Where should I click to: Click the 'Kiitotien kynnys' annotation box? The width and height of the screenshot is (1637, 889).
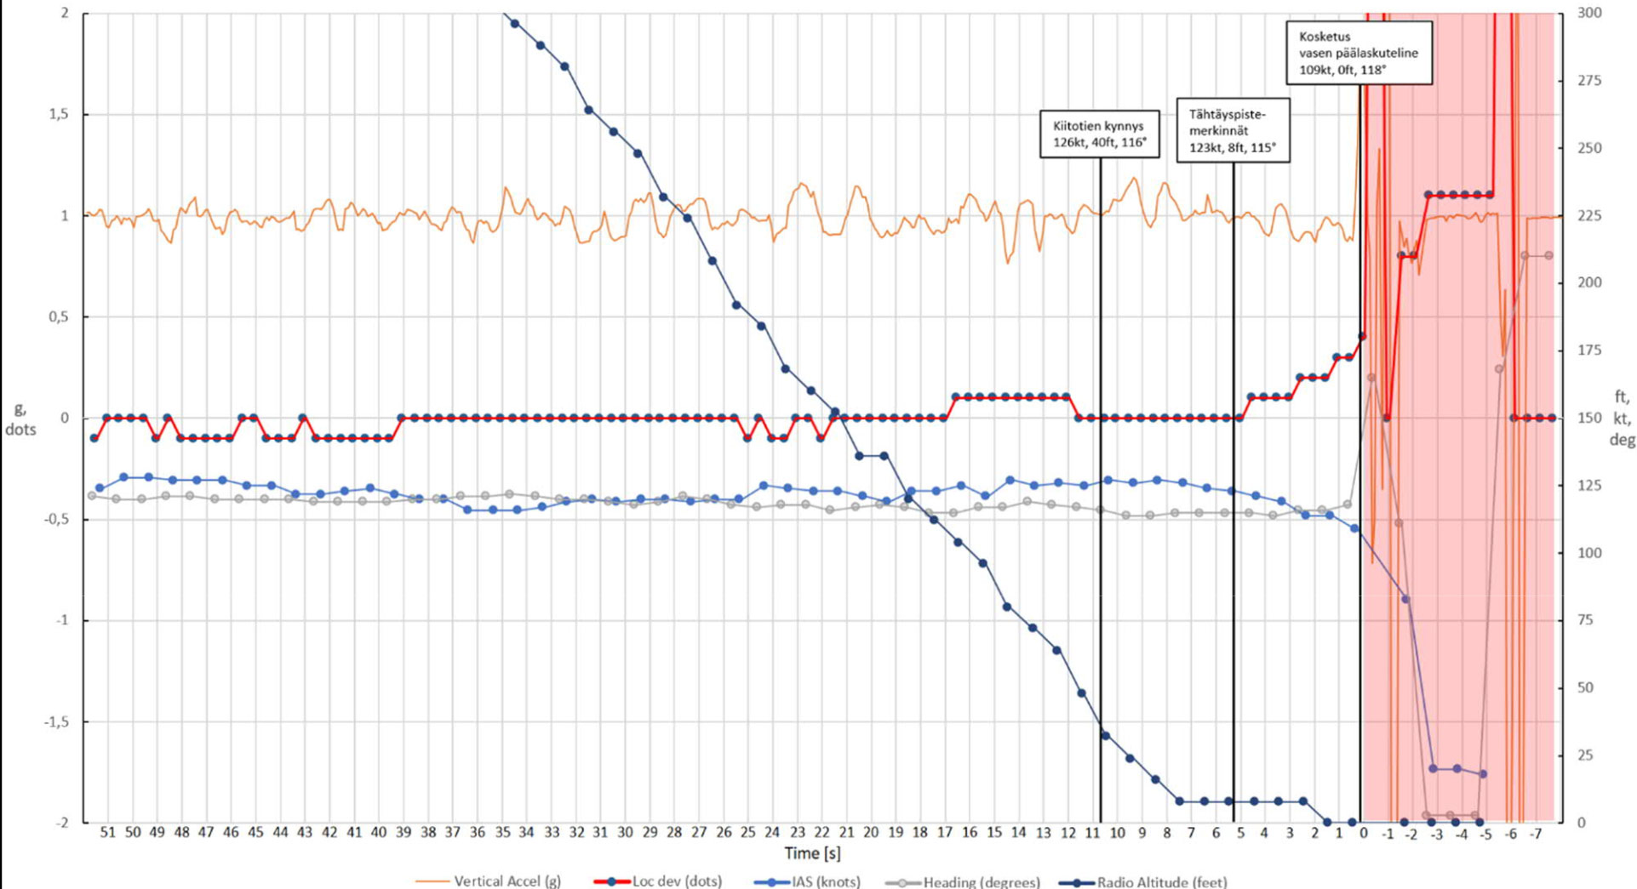click(1099, 134)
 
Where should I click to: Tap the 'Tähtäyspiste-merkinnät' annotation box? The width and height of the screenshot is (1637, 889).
click(1233, 130)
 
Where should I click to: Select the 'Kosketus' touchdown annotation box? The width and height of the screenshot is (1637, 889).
click(1359, 53)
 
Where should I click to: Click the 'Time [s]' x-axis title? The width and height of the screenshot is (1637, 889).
click(812, 852)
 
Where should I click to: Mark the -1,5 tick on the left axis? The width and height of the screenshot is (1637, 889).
click(55, 722)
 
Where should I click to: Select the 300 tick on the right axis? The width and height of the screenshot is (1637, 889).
click(1590, 13)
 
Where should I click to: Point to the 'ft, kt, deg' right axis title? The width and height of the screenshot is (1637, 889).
click(1621, 418)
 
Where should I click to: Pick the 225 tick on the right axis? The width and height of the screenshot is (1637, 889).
click(1590, 216)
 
